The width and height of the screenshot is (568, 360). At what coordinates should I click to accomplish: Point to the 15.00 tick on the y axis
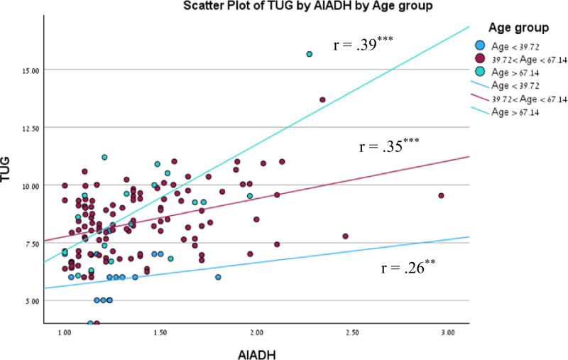pyautogui.click(x=30, y=70)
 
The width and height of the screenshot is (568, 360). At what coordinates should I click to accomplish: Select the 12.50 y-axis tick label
pyautogui.click(x=30, y=127)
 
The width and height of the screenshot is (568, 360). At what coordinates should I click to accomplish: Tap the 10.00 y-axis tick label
pyautogui.click(x=30, y=185)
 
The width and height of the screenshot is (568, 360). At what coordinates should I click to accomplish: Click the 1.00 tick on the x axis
pyautogui.click(x=64, y=332)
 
